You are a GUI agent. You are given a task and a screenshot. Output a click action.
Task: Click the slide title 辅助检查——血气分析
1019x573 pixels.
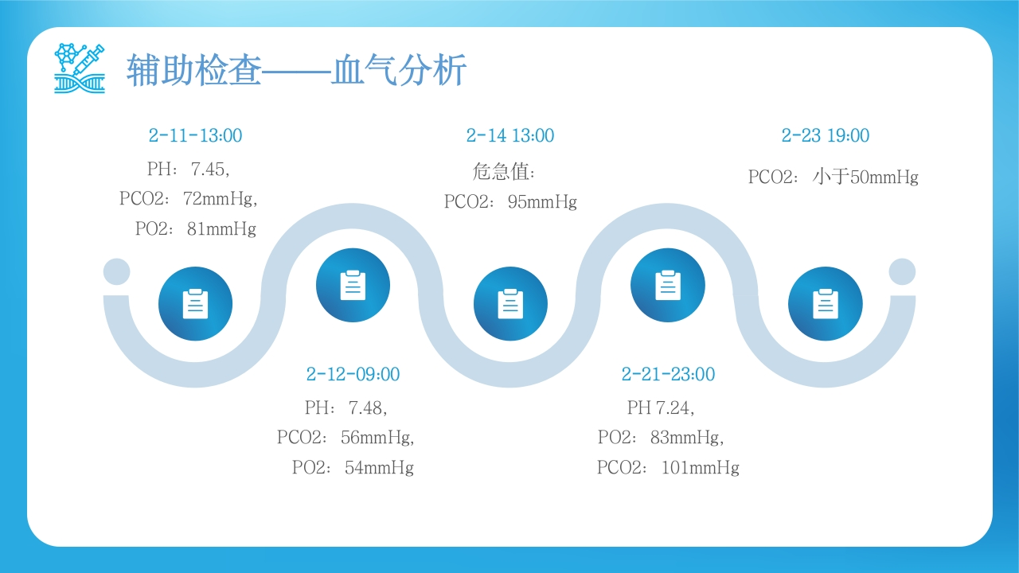[297, 70]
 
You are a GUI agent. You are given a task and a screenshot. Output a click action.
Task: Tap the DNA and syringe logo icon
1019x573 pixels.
[80, 68]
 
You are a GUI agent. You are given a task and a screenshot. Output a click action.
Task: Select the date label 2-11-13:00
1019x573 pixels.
[195, 135]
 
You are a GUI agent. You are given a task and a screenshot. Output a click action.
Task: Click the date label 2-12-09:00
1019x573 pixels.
[353, 374]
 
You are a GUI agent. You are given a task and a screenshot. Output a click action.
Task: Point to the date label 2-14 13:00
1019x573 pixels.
[510, 135]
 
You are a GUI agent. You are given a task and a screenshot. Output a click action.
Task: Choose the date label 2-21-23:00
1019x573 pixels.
[668, 374]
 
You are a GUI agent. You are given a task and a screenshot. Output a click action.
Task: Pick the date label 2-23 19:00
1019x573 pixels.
[826, 135]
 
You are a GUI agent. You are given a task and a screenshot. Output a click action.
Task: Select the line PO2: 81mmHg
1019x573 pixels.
[196, 228]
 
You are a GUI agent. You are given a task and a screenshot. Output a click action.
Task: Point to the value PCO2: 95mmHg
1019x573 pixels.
[510, 202]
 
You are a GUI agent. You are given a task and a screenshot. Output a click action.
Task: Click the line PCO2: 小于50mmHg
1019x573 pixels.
[834, 177]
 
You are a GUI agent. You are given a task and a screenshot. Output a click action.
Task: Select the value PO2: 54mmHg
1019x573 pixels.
[353, 467]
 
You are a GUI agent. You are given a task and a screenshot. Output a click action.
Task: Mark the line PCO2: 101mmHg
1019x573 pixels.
[668, 467]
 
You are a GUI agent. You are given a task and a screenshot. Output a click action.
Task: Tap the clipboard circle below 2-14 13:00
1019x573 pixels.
[510, 304]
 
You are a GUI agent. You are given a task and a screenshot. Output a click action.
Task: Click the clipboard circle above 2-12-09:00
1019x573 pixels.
[353, 285]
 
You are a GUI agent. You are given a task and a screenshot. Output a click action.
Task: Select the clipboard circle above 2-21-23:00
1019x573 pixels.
[668, 285]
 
